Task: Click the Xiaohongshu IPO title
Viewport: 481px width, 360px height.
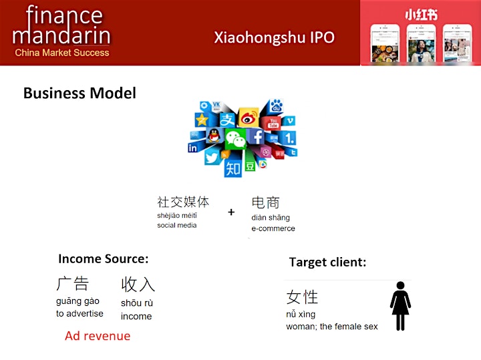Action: click(x=274, y=37)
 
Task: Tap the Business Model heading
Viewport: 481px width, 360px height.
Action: click(x=79, y=93)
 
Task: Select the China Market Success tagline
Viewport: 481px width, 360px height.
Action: click(x=62, y=53)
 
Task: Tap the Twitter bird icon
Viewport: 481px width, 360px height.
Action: click(x=212, y=158)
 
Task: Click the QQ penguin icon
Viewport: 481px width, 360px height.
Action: click(x=214, y=135)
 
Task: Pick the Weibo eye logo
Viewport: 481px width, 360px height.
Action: click(x=248, y=118)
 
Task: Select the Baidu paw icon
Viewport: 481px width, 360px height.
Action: click(x=276, y=106)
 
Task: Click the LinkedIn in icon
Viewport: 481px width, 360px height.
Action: click(x=192, y=148)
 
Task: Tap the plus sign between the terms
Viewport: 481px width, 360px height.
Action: click(x=231, y=212)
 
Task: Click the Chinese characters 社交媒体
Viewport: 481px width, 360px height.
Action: click(x=183, y=202)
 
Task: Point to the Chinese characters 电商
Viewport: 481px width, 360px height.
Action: click(x=266, y=202)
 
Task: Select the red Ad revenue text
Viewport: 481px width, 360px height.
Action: click(x=98, y=336)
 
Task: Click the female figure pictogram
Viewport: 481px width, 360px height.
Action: click(x=400, y=306)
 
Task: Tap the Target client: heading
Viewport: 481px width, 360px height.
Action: click(x=327, y=262)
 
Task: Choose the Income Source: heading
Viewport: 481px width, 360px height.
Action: click(x=104, y=258)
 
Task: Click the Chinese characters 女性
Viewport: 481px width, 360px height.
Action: click(x=302, y=297)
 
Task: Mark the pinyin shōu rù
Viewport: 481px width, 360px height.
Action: click(x=137, y=303)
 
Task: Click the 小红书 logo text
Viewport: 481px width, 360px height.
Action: click(x=421, y=15)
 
